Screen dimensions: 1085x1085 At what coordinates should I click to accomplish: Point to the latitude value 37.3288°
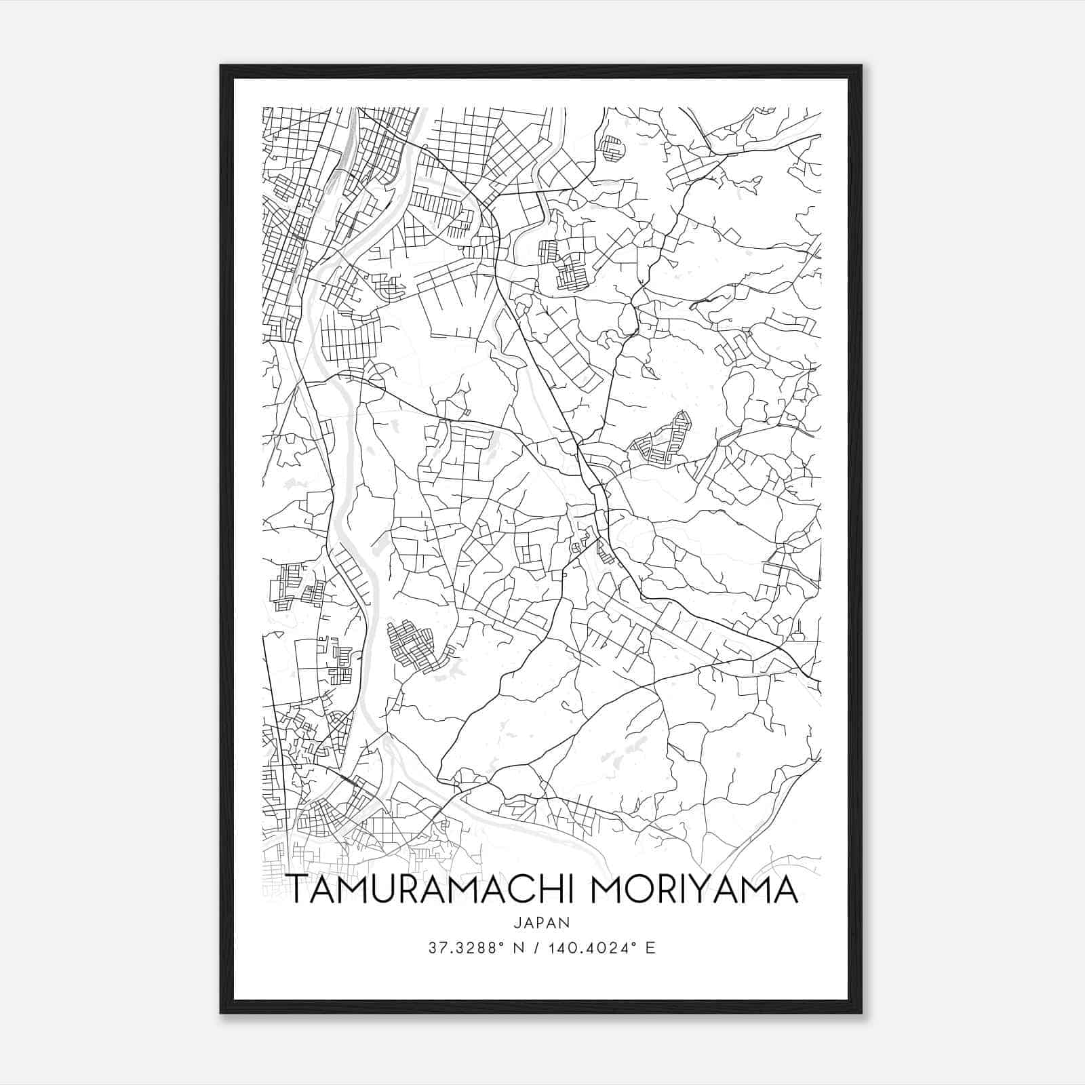tap(462, 948)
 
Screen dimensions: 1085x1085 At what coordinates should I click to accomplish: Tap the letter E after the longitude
tap(651, 948)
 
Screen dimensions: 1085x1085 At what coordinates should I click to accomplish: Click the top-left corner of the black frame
tap(221, 66)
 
